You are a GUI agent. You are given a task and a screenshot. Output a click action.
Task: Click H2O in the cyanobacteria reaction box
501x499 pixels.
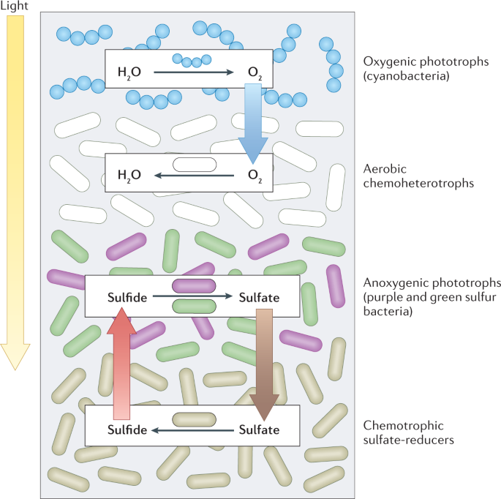click(129, 72)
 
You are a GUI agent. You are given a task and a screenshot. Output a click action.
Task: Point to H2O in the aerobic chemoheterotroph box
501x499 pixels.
click(129, 176)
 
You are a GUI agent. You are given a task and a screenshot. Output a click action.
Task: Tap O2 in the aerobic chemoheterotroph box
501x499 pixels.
click(252, 176)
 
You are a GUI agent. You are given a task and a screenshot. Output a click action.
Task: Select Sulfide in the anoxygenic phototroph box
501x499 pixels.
click(129, 297)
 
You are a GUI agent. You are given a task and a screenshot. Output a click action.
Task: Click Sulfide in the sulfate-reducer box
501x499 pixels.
click(129, 429)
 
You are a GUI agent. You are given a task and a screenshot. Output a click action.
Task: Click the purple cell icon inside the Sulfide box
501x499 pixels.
click(194, 286)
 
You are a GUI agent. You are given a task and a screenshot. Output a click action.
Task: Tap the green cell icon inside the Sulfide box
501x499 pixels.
click(194, 307)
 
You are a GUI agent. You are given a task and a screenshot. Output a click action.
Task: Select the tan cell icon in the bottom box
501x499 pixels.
click(194, 420)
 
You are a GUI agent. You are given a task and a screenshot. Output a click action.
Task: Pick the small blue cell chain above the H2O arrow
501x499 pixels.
click(192, 60)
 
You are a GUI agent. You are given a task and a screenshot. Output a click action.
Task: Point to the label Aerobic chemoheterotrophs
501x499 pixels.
click(418, 176)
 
